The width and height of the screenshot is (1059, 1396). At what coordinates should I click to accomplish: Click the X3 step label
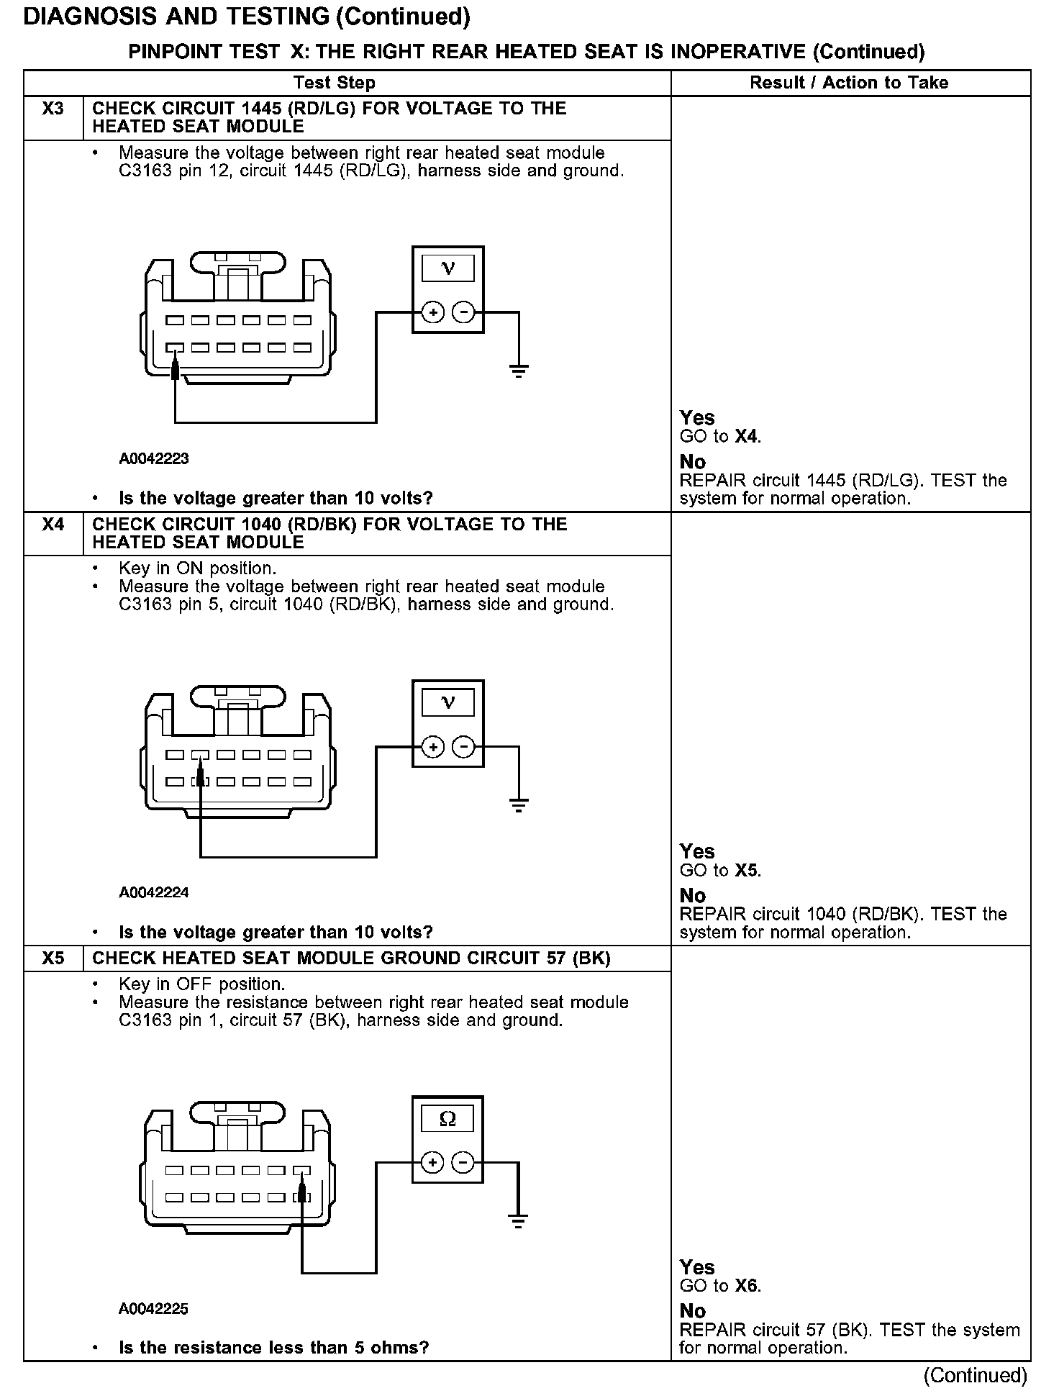pos(53,109)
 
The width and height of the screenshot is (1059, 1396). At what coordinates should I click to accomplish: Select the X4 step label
pos(53,525)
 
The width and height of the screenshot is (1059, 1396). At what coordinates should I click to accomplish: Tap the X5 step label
pos(53,958)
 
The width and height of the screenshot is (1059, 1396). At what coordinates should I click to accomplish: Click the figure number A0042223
pos(154,459)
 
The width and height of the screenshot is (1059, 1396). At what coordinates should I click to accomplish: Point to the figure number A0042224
pos(154,893)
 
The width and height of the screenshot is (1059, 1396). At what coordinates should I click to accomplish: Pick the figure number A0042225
pos(154,1309)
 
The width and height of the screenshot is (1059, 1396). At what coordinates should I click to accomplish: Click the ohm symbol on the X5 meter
pos(447,1119)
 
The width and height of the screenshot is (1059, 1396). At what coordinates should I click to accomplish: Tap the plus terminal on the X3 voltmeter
pos(432,313)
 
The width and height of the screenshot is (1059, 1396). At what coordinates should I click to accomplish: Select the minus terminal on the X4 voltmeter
pos(464,747)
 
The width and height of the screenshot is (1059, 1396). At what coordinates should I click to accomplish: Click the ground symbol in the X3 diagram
pos(518,371)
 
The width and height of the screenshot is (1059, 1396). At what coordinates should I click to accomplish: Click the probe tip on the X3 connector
pos(175,370)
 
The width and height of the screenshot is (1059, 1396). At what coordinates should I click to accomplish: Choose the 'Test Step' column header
pos(335,83)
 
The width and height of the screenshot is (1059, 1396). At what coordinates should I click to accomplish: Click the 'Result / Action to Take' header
pos(849,83)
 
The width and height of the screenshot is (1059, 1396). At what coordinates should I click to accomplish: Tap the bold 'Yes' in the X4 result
pos(697,852)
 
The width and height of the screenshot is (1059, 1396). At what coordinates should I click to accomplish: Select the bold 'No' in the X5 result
pos(693,1311)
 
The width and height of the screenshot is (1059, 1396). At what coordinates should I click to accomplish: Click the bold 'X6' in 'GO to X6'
pos(747,1286)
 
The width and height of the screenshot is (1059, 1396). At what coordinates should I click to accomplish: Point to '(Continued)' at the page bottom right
pos(976,1376)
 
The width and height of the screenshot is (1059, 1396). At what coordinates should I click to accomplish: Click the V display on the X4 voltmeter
pos(447,702)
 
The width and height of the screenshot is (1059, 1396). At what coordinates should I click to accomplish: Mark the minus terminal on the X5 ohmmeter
pos(464,1163)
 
